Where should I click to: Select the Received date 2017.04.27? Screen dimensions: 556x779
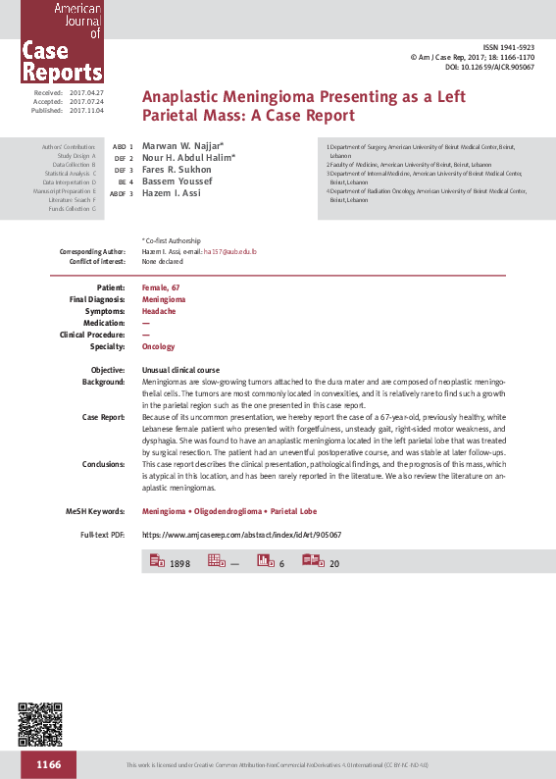tap(86, 91)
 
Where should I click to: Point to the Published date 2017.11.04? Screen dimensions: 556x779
tap(86, 110)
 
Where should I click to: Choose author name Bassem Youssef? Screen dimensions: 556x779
tap(177, 182)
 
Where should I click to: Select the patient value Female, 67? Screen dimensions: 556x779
tap(161, 286)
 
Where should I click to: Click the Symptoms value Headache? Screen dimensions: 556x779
tap(159, 310)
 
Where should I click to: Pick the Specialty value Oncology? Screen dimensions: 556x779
tap(159, 346)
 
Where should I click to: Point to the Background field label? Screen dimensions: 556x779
tap(103, 381)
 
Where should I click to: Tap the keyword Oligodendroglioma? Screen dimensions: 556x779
tap(228, 511)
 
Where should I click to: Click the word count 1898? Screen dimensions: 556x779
tap(179, 564)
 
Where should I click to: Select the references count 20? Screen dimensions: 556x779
tap(334, 564)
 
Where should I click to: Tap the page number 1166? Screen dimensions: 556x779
tap(49, 764)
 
